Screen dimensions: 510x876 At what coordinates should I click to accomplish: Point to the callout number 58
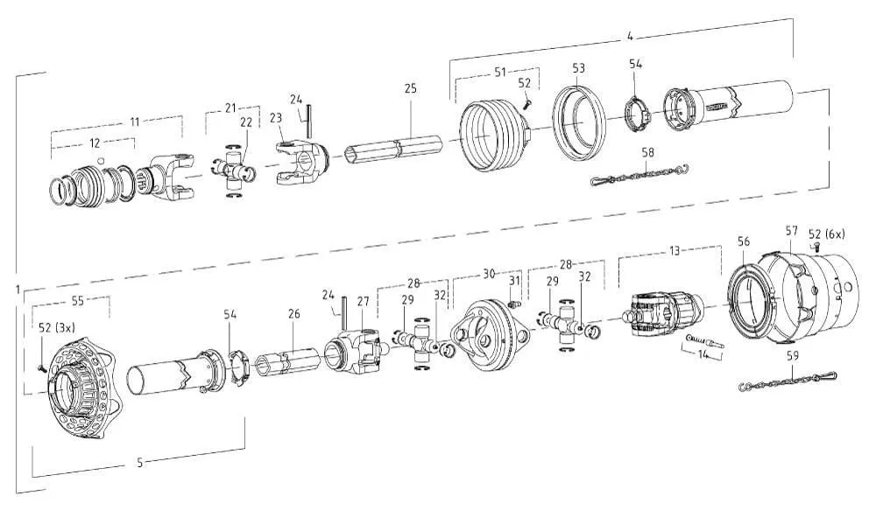coord(647,152)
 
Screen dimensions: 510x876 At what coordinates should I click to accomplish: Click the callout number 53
coord(579,66)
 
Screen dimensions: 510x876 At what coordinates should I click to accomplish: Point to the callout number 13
coord(674,250)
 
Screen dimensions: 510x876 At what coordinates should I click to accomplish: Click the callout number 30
coord(490,273)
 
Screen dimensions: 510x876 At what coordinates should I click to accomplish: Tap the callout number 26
coord(293,313)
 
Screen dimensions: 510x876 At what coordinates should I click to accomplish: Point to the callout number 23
coord(276,117)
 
